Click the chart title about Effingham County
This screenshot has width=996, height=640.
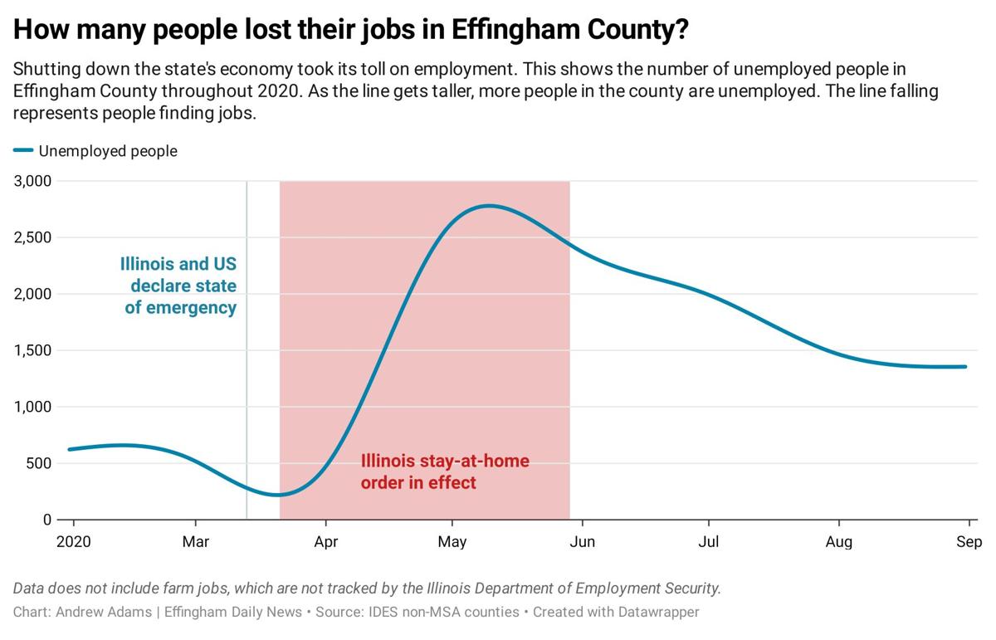tap(351, 30)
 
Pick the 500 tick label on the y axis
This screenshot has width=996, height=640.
tap(38, 463)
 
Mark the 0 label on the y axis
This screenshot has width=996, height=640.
tap(47, 520)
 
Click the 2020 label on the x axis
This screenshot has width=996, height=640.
tap(73, 543)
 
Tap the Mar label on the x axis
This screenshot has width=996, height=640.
tap(195, 543)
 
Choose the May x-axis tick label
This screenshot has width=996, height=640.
tap(452, 543)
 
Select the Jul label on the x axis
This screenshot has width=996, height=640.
tap(708, 543)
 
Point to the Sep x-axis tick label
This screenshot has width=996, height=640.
tap(969, 543)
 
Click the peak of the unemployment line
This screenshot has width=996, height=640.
tap(488, 206)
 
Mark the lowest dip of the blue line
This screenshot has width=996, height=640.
tap(279, 495)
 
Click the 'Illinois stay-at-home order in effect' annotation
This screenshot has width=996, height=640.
tap(444, 471)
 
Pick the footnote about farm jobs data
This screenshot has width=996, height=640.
tap(367, 589)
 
